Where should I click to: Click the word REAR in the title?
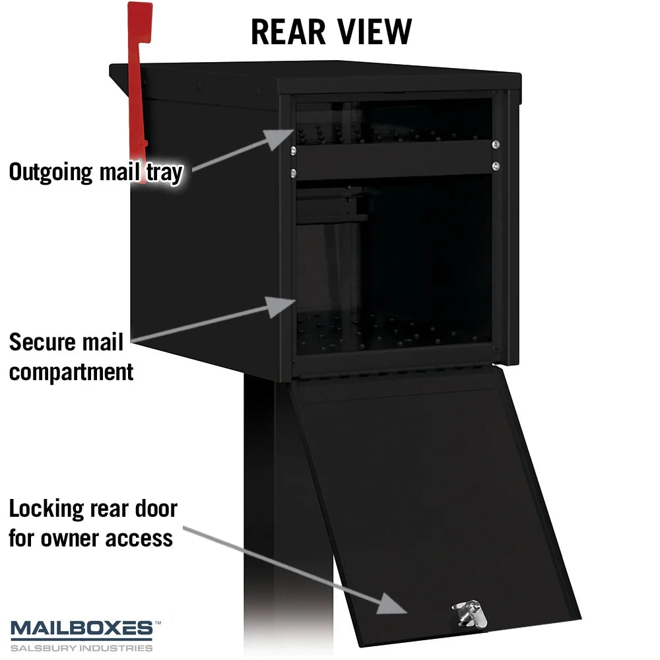(288, 32)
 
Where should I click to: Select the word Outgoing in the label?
(51, 172)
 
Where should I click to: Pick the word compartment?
(71, 372)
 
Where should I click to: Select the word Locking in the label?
(47, 510)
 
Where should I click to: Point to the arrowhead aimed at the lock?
(391, 603)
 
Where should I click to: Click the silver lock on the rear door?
(470, 614)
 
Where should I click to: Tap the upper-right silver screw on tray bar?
(496, 145)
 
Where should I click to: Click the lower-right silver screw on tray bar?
(496, 166)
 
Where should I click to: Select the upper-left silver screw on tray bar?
(293, 150)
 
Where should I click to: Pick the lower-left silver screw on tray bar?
(293, 172)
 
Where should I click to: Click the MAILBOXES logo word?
(82, 628)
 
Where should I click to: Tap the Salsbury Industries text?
(82, 648)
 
